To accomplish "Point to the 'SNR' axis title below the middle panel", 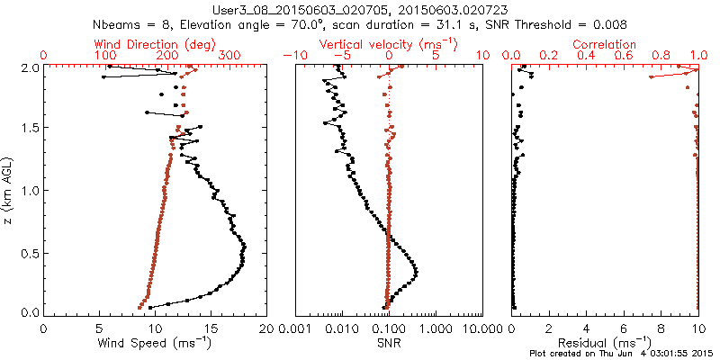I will coord(389,343).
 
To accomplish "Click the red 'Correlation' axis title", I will coord(605,44).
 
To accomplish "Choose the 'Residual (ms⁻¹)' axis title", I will coord(605,343).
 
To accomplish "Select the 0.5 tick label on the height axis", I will coord(29,252).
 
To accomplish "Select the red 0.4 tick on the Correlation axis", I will coord(586,56).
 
